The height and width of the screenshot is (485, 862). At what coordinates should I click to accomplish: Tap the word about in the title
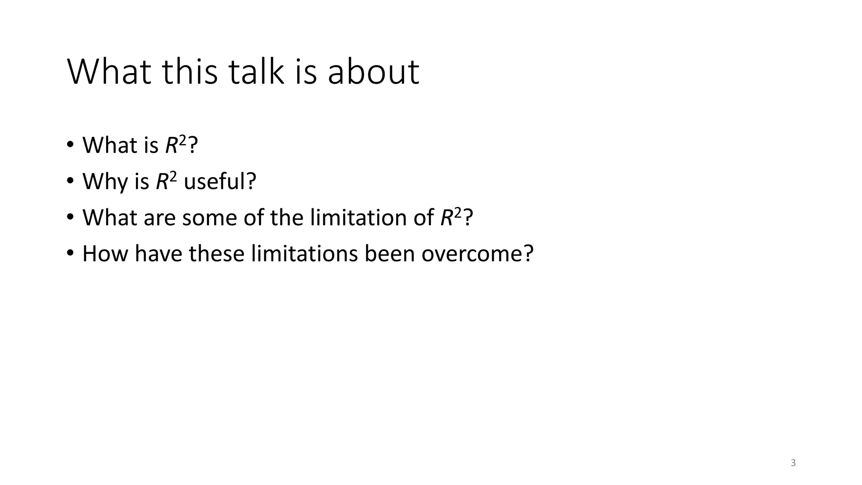point(373,72)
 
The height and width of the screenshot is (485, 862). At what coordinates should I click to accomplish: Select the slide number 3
point(793,463)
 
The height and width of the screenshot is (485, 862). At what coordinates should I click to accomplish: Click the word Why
point(105,181)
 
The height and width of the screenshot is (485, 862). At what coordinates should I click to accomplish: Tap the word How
point(105,254)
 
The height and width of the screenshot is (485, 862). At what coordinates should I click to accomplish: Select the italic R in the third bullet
point(446,218)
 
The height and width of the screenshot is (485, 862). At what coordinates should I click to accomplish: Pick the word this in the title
point(190,72)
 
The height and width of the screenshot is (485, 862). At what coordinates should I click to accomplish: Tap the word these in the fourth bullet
point(216,254)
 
